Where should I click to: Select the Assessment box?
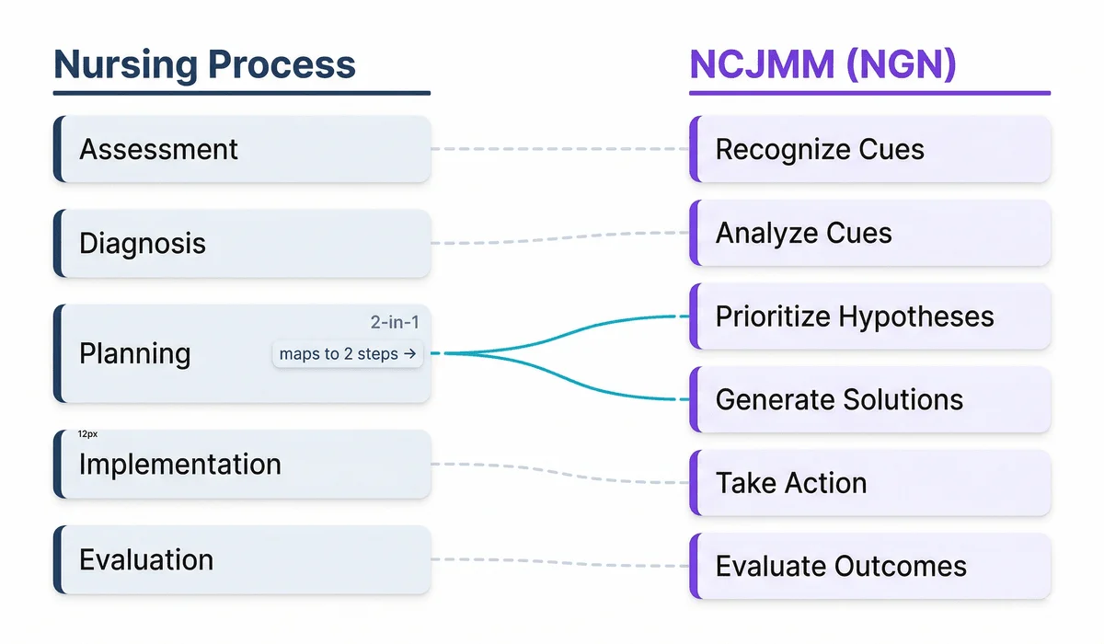click(242, 149)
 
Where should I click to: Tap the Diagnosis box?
click(242, 244)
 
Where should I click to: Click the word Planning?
click(135, 354)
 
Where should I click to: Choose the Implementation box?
click(242, 465)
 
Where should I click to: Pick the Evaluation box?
click(242, 560)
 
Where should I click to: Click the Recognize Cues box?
click(869, 149)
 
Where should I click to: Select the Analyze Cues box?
click(869, 233)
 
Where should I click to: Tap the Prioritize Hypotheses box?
click(869, 316)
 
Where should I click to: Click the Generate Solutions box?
click(869, 400)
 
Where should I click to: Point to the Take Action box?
click(869, 483)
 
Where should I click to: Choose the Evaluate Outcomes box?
click(869, 567)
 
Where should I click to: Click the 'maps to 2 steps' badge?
click(348, 354)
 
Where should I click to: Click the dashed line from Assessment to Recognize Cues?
click(559, 149)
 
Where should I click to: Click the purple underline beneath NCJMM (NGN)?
click(869, 93)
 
